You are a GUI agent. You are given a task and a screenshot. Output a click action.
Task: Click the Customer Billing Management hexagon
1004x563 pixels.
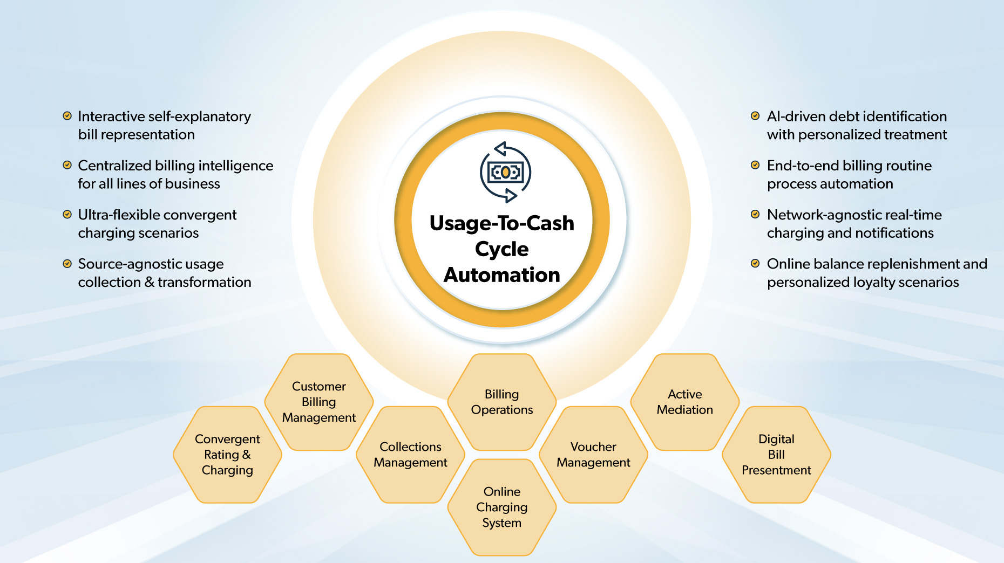click(319, 402)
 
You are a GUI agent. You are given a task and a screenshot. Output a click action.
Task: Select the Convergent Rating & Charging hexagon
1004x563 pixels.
click(227, 455)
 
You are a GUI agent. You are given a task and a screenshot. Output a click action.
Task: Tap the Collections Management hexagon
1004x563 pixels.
click(410, 455)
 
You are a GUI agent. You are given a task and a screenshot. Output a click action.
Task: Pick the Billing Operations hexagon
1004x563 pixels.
click(502, 402)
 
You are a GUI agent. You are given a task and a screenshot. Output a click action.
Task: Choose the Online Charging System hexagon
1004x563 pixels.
click(502, 507)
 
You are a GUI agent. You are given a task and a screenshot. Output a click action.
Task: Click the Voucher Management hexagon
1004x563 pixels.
click(593, 455)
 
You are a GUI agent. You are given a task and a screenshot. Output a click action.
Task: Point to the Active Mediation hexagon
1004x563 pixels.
click(685, 402)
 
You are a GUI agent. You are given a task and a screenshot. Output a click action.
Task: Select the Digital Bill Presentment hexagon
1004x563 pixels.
click(776, 455)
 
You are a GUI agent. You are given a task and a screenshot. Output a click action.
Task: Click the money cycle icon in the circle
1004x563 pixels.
click(506, 173)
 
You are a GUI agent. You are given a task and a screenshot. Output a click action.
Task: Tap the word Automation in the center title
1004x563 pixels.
click(502, 275)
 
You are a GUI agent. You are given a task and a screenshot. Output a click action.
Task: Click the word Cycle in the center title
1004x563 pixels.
click(502, 249)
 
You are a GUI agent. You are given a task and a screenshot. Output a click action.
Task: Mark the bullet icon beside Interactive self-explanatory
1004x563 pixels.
click(67, 116)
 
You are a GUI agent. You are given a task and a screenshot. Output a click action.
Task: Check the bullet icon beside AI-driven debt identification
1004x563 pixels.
click(755, 116)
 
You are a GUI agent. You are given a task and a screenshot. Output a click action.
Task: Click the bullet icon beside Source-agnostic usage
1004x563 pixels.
click(67, 264)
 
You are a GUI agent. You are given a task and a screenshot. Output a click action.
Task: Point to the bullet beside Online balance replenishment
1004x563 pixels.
click(755, 264)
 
